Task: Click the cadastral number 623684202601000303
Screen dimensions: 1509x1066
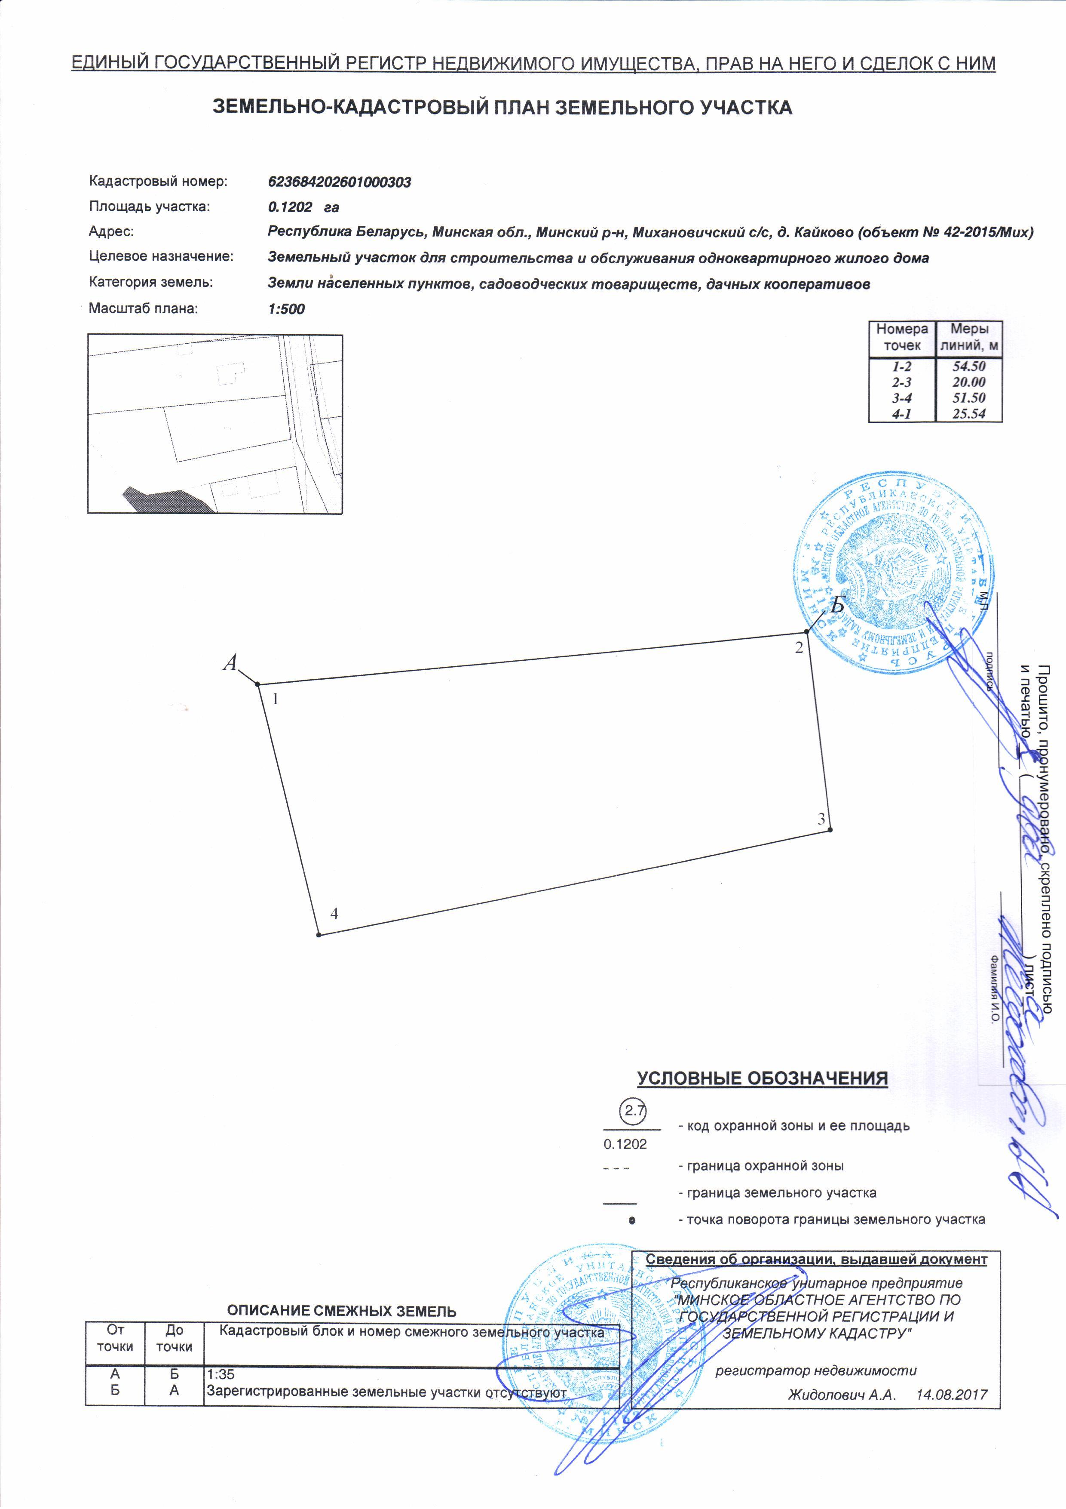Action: tap(340, 182)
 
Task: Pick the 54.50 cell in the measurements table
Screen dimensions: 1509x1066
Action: tap(969, 366)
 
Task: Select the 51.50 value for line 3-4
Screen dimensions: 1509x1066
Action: tap(969, 397)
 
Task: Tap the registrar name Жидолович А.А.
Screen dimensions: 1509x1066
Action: tap(842, 1395)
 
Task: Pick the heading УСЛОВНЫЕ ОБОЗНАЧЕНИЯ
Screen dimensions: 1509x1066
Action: tap(763, 1078)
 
